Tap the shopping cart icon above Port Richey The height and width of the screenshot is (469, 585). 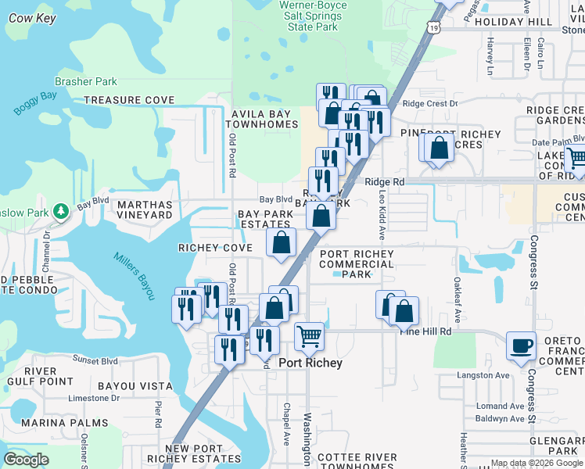[310, 336]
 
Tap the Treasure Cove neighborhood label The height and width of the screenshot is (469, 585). [129, 100]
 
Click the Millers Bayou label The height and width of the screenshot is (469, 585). [135, 268]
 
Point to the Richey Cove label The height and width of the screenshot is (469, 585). [215, 248]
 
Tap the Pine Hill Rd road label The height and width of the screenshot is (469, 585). [426, 331]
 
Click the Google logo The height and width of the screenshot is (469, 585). [26, 459]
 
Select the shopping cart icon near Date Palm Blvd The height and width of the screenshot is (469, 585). [576, 158]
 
